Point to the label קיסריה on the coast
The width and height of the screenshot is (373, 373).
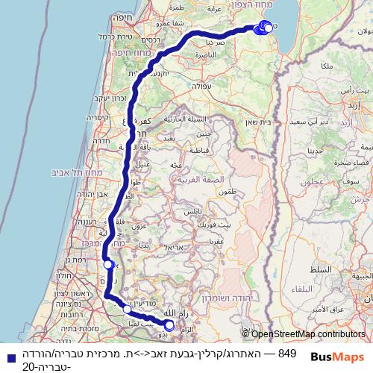[x=98, y=117]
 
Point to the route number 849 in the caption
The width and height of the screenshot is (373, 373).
[x=287, y=353]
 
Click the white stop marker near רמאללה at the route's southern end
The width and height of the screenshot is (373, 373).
[x=169, y=325]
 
